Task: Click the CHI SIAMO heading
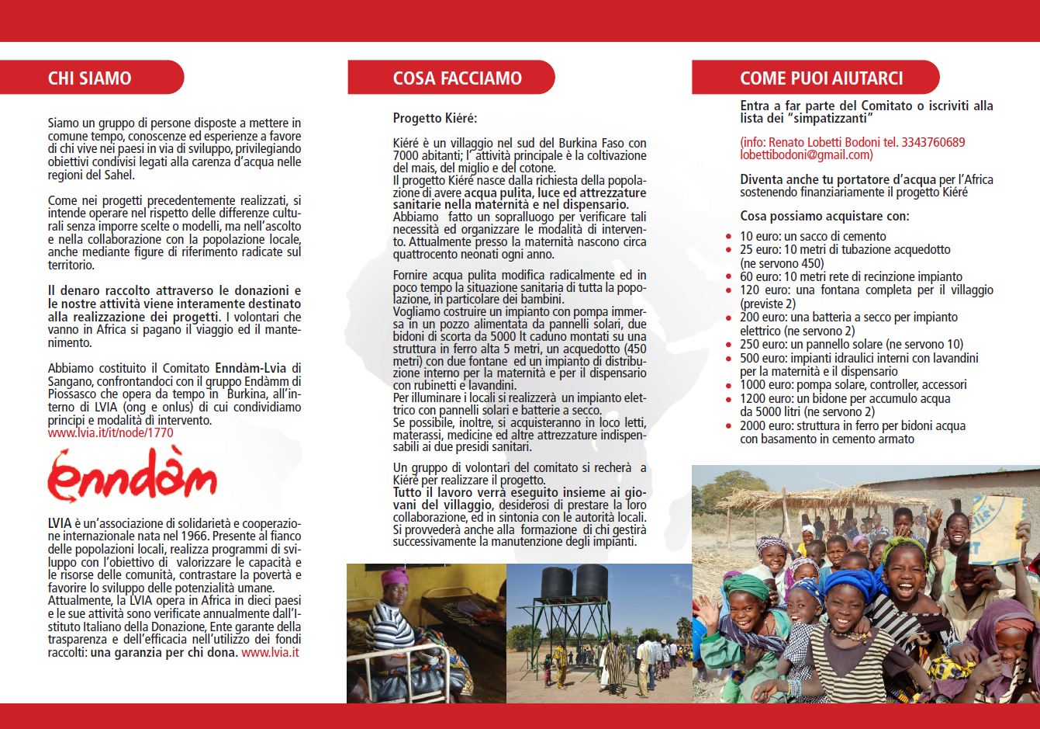pos(89,78)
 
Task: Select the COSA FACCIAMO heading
pos(457,78)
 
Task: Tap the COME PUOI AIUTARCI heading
pos(821,78)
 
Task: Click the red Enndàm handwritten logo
pos(133,475)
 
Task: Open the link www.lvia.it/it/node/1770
pos(111,433)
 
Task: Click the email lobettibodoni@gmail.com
pos(807,154)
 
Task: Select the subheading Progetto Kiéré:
pos(435,119)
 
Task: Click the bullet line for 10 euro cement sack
pos(813,236)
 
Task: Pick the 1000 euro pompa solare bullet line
pos(853,384)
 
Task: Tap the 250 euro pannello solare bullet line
pos(851,344)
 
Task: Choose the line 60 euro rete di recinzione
pos(851,276)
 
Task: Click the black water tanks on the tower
pos(574,581)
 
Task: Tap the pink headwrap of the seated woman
pos(395,577)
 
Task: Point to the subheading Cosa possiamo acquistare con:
pos(824,216)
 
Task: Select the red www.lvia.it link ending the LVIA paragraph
pos(270,653)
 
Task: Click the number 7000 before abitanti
pos(406,155)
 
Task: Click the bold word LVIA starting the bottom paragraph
pos(60,522)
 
